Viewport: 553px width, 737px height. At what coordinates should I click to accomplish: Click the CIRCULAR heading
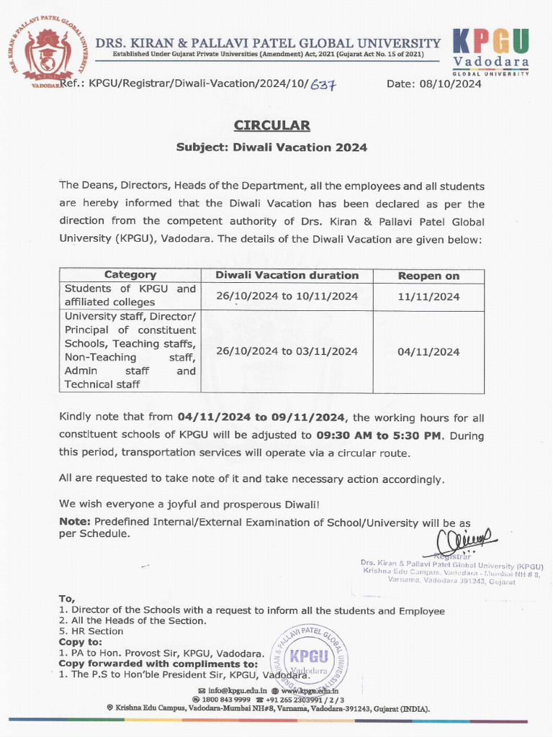coord(271,126)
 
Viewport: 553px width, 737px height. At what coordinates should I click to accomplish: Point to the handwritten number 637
coord(323,85)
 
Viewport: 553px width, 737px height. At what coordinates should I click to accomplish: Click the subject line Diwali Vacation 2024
coord(271,148)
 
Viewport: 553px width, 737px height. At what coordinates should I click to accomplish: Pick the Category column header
coord(130,275)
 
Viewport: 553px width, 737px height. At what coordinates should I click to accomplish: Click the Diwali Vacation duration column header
coord(287,275)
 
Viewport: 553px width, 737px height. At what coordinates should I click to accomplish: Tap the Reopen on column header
coord(428,276)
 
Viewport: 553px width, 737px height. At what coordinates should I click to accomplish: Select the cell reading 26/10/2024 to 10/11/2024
coord(287,296)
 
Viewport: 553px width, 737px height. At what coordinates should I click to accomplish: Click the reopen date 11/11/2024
coord(428,296)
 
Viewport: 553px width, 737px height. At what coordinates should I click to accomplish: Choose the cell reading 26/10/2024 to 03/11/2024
coord(287,351)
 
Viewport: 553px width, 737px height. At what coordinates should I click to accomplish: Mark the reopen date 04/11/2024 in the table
coord(428,352)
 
